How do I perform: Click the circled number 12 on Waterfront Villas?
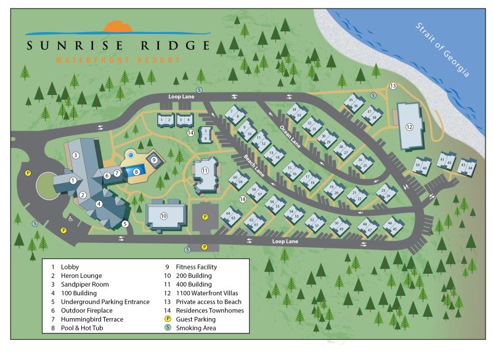tap(409, 126)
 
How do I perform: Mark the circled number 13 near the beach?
tap(393, 86)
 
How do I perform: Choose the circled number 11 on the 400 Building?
tap(206, 170)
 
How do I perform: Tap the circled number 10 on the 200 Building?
tap(164, 216)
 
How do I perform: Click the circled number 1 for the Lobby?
tap(73, 181)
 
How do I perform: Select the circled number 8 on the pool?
tap(137, 172)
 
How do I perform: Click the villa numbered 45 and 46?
tap(391, 226)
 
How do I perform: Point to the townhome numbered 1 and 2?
tap(165, 120)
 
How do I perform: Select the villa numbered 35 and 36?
tap(353, 103)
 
